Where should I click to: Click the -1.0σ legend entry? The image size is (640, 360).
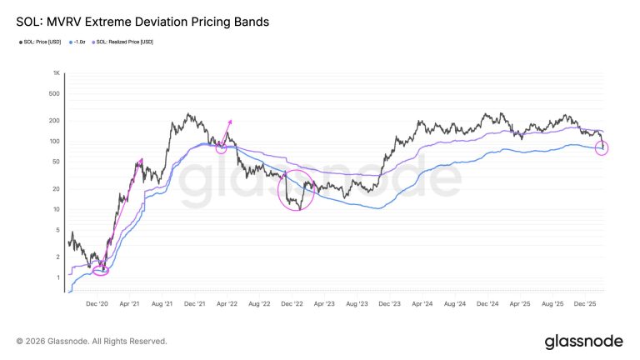pos(79,42)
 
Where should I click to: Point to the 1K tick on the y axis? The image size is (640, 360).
pos(56,73)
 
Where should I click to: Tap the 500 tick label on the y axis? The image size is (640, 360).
pos(56,93)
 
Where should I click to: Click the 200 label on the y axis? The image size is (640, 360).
pos(56,121)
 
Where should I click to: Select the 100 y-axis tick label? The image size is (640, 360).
pos(56,141)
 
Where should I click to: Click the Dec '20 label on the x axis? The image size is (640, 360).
pos(98,305)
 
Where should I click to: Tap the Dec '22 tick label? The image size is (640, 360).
pos(290,305)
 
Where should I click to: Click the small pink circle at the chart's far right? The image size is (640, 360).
pos(602,148)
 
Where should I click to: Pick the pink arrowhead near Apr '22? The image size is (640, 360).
pos(229,122)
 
